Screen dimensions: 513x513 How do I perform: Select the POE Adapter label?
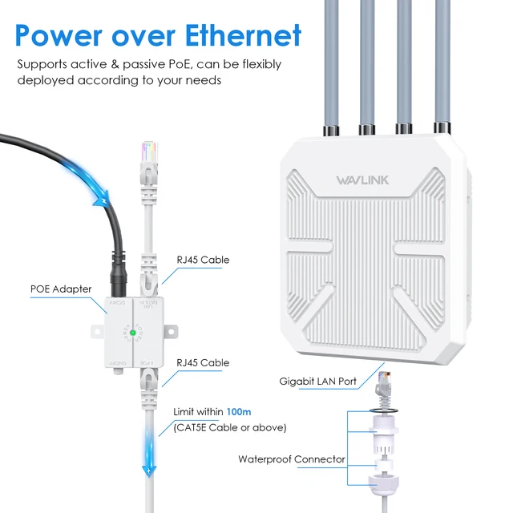61,289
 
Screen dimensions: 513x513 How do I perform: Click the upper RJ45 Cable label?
203,260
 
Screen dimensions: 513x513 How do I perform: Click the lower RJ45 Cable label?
203,362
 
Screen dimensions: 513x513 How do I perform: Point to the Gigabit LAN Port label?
317,382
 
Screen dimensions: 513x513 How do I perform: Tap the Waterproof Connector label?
292,459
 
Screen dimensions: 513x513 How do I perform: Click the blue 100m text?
239,411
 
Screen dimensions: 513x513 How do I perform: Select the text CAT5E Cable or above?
229,427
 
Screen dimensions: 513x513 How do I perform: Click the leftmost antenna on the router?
330,64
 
